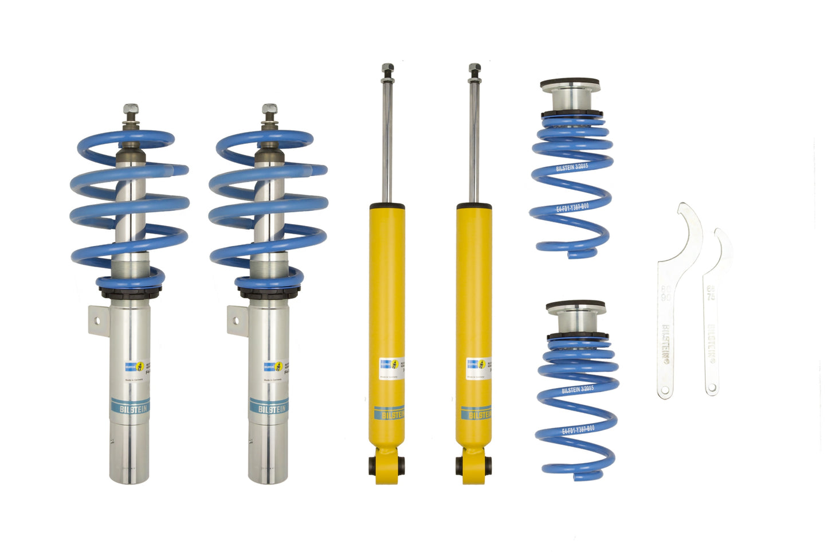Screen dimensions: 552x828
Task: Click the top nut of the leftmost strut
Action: click(130, 109)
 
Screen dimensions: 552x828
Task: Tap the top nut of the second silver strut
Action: click(269, 109)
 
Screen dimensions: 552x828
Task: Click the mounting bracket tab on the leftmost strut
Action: click(97, 319)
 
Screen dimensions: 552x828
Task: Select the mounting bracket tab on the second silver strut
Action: click(236, 319)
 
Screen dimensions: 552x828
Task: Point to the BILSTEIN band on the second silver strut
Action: click(269, 408)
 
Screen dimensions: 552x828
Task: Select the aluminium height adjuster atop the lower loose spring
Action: click(575, 319)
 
